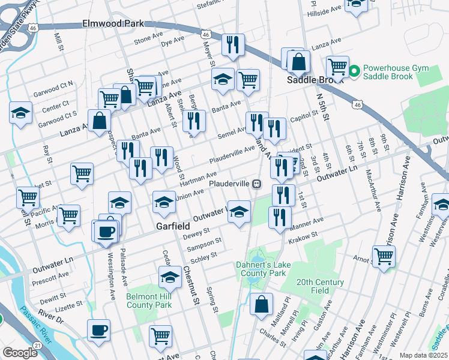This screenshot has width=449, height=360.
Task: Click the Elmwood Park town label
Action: click(113, 24)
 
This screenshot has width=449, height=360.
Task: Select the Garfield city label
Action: click(173, 226)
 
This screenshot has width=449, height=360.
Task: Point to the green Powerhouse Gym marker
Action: click(354, 71)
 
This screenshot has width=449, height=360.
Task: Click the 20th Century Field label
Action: click(321, 286)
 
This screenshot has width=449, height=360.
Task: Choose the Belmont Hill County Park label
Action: click(149, 301)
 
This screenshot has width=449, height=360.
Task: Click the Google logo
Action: click(20, 353)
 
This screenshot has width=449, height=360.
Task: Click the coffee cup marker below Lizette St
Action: click(98, 329)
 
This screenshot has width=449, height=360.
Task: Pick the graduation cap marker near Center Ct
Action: click(20, 112)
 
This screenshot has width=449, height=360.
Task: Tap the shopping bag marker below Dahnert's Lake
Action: click(262, 303)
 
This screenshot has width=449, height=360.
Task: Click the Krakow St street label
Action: click(302, 238)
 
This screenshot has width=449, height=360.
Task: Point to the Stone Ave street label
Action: click(148, 40)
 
